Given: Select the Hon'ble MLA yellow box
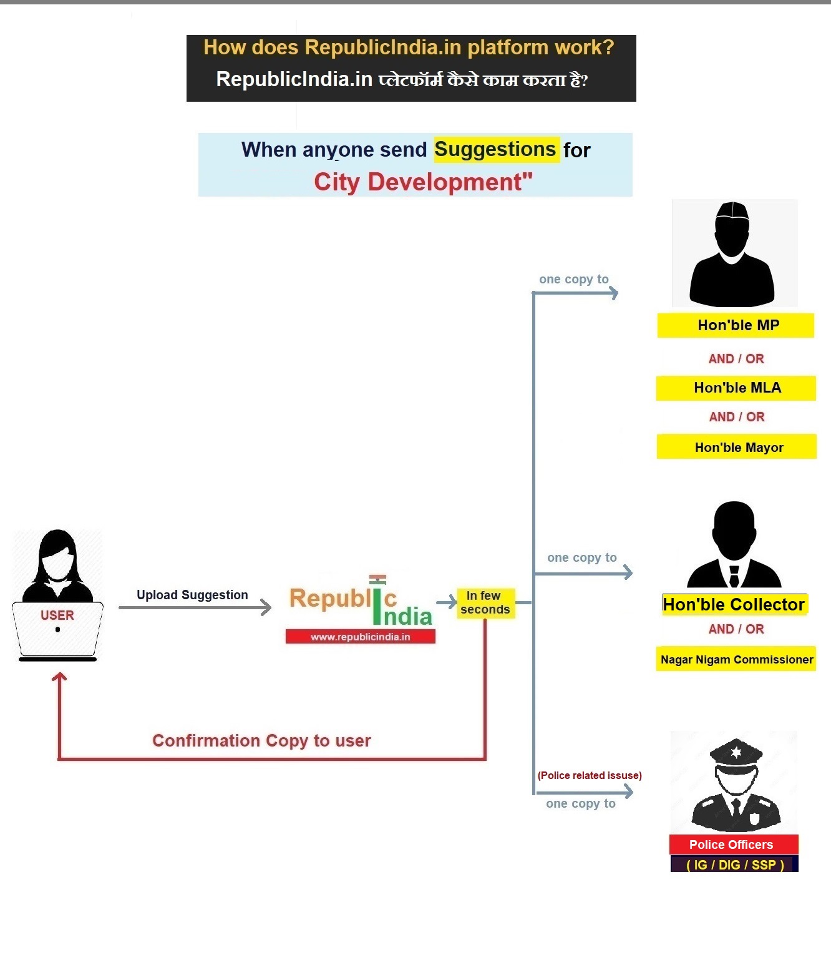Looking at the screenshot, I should pos(736,388).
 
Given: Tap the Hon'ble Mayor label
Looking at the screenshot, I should pos(737,447).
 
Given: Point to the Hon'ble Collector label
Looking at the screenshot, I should pos(734,604).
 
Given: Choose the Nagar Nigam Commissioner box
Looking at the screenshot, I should pos(736,659).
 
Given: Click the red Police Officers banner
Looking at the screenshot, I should pos(732,845).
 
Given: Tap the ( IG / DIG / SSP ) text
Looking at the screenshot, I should pos(734,864).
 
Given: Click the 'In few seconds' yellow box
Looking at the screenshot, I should pos(485,603).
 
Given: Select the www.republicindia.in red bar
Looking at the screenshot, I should pos(360,637).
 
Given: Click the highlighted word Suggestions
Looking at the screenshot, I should pos(496,150).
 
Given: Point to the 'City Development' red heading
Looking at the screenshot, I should pos(423,182).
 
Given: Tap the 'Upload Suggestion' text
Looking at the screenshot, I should pos(192,595).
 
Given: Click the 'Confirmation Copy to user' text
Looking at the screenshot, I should pos(261,740).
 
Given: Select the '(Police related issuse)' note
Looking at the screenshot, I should pos(590,775).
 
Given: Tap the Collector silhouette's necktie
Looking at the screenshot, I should pos(734,575).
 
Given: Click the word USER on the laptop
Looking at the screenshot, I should pos(57,615).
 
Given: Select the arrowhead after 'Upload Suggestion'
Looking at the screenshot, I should pos(266,607).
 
